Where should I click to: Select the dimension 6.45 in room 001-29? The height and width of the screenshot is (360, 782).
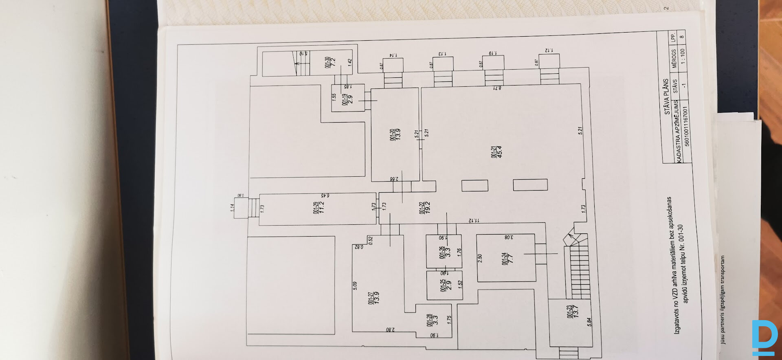pyautogui.click(x=325, y=195)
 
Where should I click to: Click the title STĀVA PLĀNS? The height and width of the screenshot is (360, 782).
pyautogui.click(x=666, y=97)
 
